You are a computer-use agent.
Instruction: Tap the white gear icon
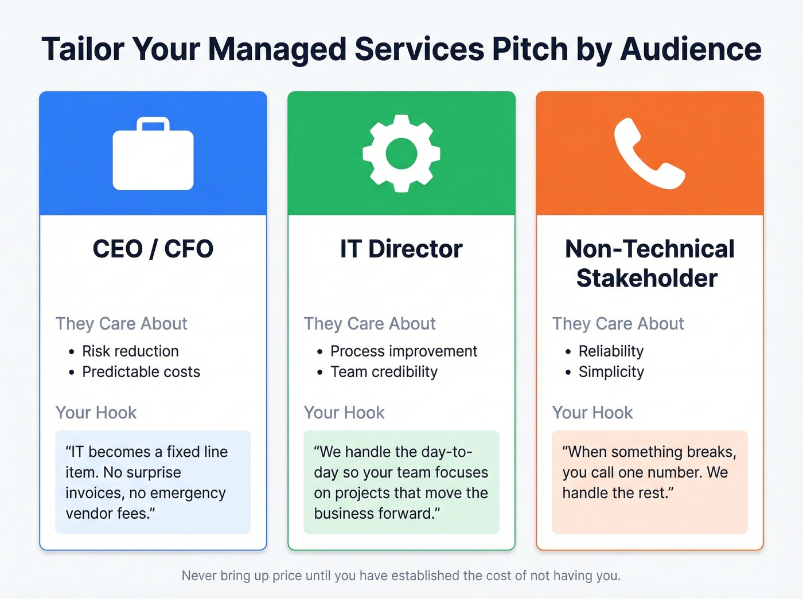402,153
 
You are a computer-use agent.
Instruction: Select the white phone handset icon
649,153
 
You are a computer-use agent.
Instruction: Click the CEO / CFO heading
153,249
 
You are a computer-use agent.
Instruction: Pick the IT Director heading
401,249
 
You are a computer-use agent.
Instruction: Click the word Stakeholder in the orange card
647,279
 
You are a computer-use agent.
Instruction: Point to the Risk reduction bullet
130,351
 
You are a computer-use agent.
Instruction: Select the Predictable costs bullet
141,372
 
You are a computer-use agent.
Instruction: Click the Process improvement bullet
404,351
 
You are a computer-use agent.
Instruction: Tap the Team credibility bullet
384,372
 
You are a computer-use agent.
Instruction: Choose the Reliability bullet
611,351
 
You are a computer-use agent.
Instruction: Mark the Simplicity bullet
611,372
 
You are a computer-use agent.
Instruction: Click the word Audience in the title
691,49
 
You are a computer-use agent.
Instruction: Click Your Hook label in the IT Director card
344,413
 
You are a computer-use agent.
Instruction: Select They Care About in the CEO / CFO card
122,324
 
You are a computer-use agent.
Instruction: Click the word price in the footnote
287,575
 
